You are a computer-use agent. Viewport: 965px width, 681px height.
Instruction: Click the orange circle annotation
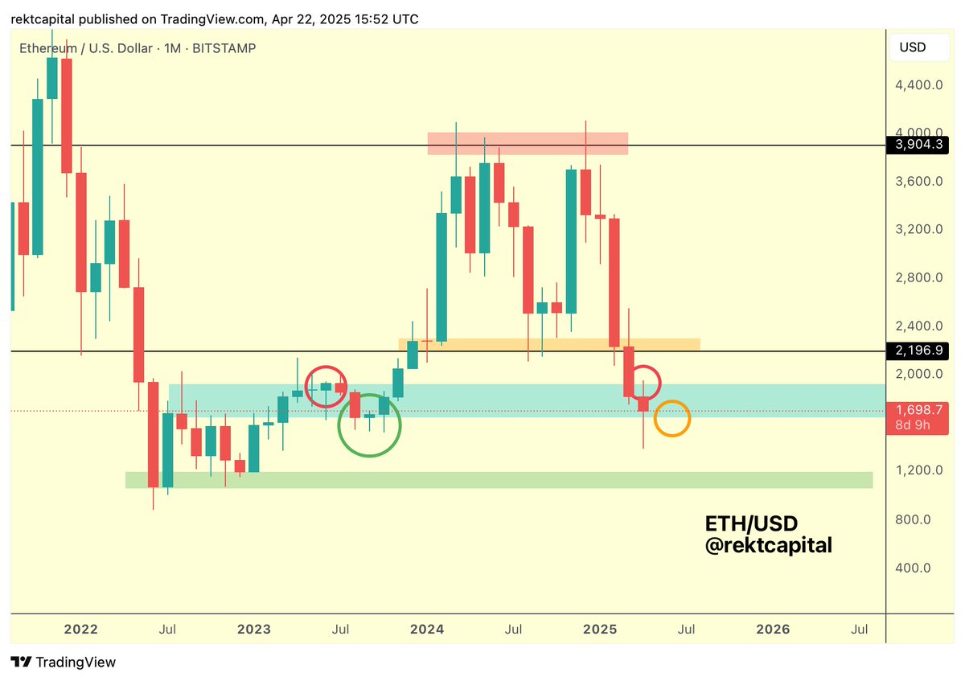point(672,419)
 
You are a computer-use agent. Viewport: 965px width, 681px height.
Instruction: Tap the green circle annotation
point(368,425)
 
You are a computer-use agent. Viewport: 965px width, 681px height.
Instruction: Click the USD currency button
point(913,47)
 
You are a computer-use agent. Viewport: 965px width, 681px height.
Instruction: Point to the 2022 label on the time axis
point(80,630)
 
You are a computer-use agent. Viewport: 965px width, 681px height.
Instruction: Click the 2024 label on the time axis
point(427,630)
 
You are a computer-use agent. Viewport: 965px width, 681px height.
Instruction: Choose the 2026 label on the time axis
point(773,630)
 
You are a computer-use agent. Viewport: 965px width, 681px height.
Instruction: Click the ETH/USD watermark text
point(751,524)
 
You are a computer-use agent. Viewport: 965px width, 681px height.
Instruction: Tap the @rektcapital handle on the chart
point(768,545)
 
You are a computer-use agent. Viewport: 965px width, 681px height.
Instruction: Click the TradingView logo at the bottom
point(64,663)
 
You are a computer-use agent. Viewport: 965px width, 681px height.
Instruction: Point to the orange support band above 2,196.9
point(549,344)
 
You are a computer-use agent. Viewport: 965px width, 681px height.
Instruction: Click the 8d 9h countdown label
point(913,425)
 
